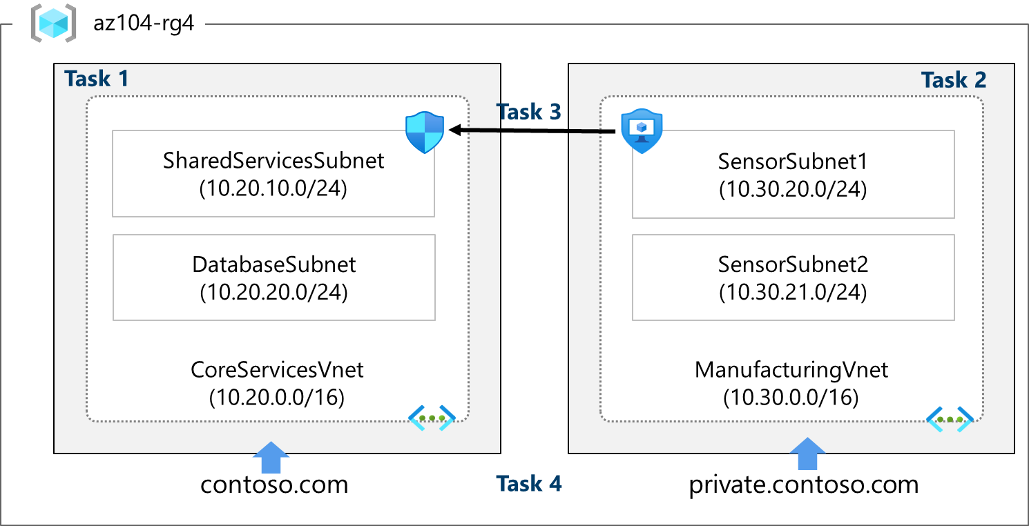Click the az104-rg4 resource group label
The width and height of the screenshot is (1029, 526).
click(x=144, y=25)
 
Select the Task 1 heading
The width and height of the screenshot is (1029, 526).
click(x=97, y=79)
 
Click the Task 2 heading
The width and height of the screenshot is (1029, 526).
click(x=954, y=80)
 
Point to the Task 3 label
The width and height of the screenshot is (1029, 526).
click(x=529, y=111)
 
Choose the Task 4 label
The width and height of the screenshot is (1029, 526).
click(x=529, y=484)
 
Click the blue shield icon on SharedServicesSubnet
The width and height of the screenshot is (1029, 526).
click(x=425, y=133)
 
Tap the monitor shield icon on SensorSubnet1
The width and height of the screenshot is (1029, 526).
click(x=642, y=132)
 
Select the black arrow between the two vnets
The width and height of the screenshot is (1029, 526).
click(x=532, y=130)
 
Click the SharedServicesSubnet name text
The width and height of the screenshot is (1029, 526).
click(x=273, y=161)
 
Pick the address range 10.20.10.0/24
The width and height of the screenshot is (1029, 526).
click(x=273, y=188)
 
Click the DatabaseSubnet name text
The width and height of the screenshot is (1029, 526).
click(x=273, y=264)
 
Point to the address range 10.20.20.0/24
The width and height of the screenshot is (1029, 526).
click(x=273, y=292)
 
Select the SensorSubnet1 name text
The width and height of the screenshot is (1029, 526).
click(x=793, y=161)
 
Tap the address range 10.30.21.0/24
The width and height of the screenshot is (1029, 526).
click(x=793, y=292)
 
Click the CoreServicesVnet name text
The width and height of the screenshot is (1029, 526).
click(x=277, y=369)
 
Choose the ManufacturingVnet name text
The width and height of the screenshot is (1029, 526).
click(x=791, y=369)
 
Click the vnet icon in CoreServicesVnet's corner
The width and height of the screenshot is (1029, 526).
click(x=432, y=417)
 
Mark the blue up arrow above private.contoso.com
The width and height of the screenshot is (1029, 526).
click(x=806, y=456)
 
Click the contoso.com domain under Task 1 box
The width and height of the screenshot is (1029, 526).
click(x=274, y=484)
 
